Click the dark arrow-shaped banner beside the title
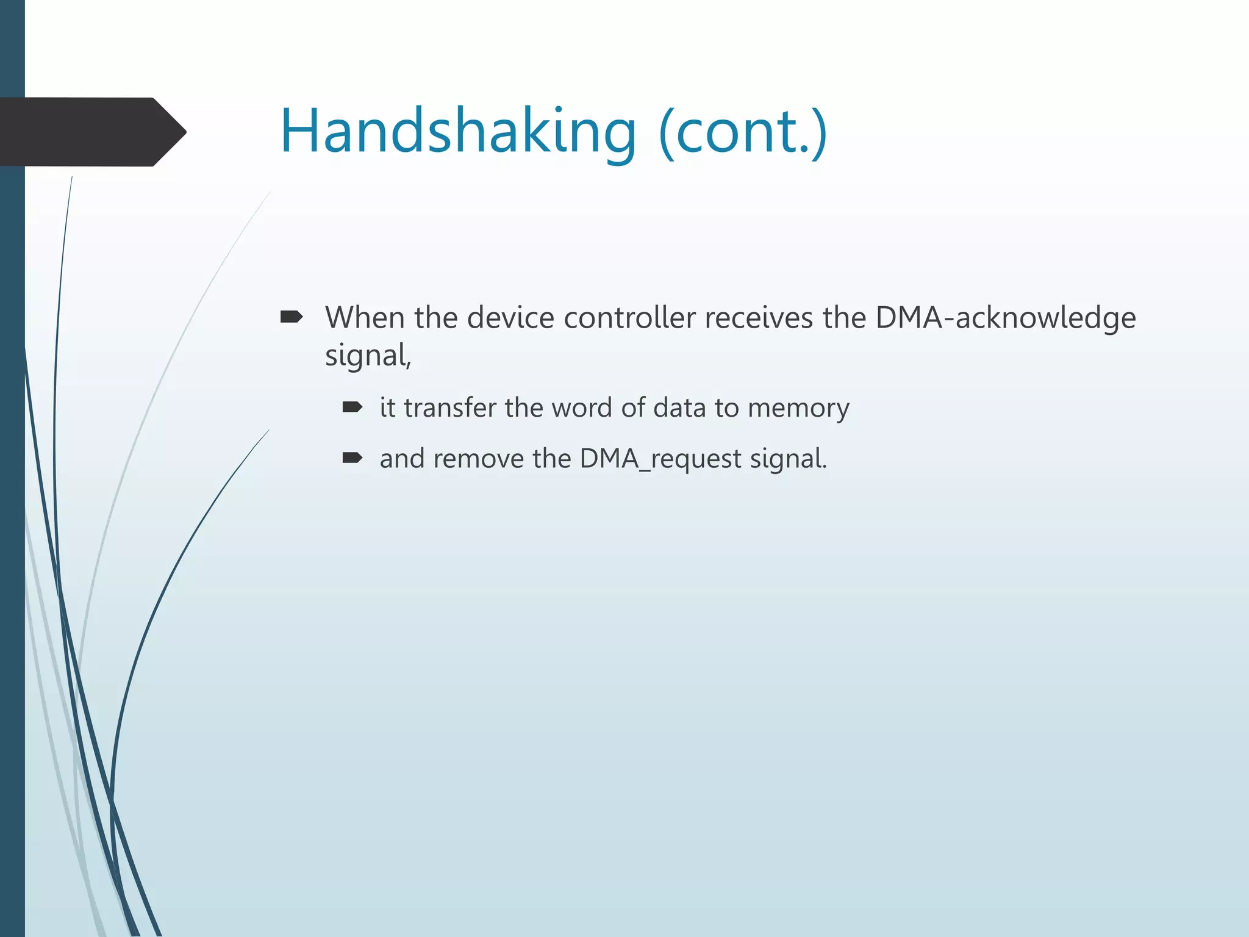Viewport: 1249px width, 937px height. point(91,132)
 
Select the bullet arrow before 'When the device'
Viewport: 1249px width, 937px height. point(291,317)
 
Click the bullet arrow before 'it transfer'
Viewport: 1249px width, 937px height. point(353,407)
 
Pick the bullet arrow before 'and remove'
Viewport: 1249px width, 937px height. point(353,458)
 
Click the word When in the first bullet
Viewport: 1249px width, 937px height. point(364,318)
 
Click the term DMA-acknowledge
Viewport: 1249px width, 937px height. point(1005,318)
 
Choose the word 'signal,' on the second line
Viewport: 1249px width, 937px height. point(368,356)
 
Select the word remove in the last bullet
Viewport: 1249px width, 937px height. point(478,459)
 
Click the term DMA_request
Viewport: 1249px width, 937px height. point(660,459)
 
